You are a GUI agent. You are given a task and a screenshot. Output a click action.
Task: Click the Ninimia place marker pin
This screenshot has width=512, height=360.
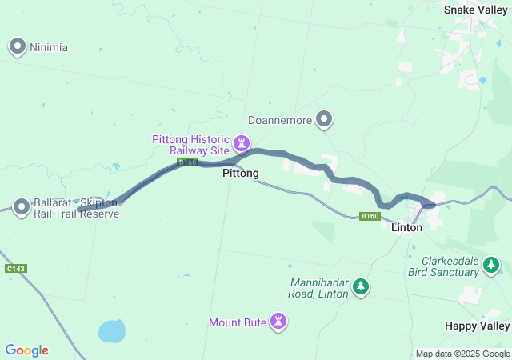pos(18,46)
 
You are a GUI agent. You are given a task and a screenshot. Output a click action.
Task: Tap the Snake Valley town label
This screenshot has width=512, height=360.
pos(475,10)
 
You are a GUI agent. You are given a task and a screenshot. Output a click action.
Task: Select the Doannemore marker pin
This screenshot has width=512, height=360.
pos(324,119)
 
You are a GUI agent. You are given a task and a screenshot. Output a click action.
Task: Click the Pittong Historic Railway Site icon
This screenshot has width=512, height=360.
pos(241,143)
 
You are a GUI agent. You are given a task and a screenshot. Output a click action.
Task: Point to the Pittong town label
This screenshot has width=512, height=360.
pos(240,173)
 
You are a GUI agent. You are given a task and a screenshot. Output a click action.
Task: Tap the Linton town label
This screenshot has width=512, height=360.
pos(406,228)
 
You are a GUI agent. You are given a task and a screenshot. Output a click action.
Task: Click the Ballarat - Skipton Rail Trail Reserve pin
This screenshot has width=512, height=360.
pos(22,207)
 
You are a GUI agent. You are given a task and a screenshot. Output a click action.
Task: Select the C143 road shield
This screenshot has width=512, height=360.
pos(15,269)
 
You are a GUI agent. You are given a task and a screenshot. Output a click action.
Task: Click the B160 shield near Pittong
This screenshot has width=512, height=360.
pos(187,162)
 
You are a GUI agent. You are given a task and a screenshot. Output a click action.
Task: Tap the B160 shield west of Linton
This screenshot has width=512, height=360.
pos(369,216)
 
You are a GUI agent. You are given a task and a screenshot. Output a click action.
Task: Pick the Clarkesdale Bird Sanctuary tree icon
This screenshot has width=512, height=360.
pos(492,271)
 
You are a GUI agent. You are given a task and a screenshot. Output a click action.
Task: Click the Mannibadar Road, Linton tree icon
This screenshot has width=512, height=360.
pos(361,286)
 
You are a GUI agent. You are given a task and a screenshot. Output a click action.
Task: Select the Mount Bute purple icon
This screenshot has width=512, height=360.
pos(278,322)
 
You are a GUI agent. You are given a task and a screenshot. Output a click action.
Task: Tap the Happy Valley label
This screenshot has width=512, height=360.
pos(477,326)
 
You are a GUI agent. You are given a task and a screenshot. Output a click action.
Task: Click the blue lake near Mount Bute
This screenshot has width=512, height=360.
pos(111,330)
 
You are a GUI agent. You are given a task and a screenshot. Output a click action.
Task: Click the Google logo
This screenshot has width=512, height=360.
pos(26,350)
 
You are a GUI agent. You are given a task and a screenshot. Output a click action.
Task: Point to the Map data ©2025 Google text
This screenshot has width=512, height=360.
pos(462,354)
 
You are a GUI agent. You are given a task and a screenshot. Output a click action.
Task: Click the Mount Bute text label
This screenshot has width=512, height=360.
pos(237,323)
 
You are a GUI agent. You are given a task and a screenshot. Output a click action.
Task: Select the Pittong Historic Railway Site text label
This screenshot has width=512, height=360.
pos(190,144)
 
